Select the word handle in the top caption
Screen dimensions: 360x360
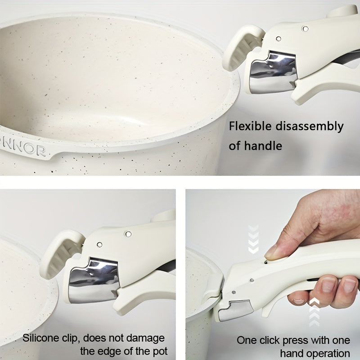[265, 145]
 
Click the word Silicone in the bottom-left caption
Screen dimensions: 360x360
[41, 337]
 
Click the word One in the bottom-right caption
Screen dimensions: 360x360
[247, 340]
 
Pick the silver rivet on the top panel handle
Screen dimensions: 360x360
[306, 29]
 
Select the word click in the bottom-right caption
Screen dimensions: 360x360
[271, 340]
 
